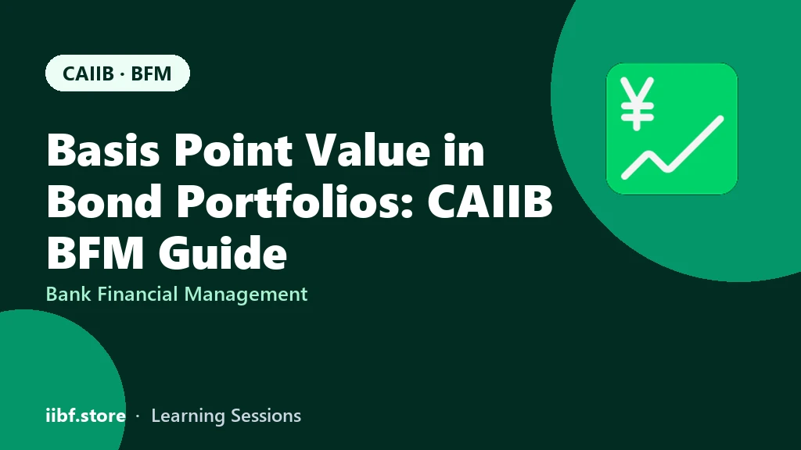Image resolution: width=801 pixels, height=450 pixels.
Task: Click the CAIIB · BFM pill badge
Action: point(117,73)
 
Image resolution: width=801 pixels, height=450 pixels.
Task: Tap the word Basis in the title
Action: point(102,150)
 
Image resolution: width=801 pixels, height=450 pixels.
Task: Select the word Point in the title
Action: point(233,150)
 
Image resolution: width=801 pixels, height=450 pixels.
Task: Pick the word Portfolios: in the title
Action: point(295,201)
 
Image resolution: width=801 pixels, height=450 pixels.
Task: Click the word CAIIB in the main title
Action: point(490,201)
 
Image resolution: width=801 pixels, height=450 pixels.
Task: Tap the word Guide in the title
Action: point(222,252)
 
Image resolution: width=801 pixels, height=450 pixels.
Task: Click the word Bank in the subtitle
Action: point(69,294)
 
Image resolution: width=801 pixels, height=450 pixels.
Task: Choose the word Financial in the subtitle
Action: point(138,294)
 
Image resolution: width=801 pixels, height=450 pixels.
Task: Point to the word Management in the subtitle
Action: point(246,295)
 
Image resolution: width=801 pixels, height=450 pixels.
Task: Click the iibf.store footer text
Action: point(86,416)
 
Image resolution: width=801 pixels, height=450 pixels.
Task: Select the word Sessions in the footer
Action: point(266,416)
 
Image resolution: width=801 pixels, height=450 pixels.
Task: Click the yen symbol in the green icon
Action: point(637,104)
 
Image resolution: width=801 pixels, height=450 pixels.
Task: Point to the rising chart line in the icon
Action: point(672,148)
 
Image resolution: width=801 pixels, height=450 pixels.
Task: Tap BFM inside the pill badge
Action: point(151,73)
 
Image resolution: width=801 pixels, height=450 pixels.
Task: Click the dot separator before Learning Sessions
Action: point(138,416)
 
